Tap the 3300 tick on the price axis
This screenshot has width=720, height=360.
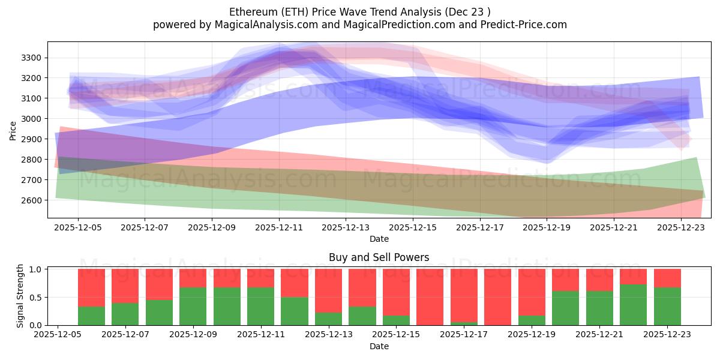(x=31, y=58)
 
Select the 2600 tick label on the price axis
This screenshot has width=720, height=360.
(x=31, y=200)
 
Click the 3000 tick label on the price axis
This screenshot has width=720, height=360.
(x=31, y=119)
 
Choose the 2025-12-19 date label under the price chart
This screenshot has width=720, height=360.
(x=547, y=228)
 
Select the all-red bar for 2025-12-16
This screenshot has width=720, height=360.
(x=430, y=297)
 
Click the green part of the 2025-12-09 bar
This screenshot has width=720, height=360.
(x=193, y=306)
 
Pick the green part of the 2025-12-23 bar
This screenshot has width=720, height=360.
(x=667, y=306)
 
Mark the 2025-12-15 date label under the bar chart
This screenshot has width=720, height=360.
(x=397, y=335)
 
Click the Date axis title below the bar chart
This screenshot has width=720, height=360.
(x=379, y=346)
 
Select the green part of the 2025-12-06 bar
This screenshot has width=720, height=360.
(x=91, y=316)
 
